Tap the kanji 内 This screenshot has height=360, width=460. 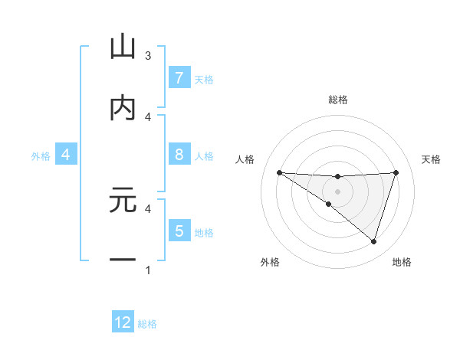pos(123,109)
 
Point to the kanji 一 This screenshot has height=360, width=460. pos(123,260)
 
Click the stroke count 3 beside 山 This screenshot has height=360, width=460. pos(148,56)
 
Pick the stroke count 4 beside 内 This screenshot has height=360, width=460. pos(148,117)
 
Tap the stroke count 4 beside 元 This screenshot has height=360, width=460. pos(148,208)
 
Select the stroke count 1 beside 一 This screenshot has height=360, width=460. pos(148,270)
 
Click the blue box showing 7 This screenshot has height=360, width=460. pos(179,77)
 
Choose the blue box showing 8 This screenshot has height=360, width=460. pos(179,155)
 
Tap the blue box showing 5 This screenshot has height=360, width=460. pos(179,231)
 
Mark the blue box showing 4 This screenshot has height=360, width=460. pos(66,155)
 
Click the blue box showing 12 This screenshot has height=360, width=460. pos(123,322)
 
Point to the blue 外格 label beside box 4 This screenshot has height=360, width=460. pos(41,156)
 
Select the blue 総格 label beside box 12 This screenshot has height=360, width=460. pos(147,324)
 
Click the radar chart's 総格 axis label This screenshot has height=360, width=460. pos(338,100)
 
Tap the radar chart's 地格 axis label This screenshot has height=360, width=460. pos(402,262)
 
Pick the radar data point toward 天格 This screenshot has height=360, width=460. pos(396,172)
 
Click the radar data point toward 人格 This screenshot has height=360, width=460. pos(279,172)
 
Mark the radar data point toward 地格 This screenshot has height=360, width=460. pos(374,242)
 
